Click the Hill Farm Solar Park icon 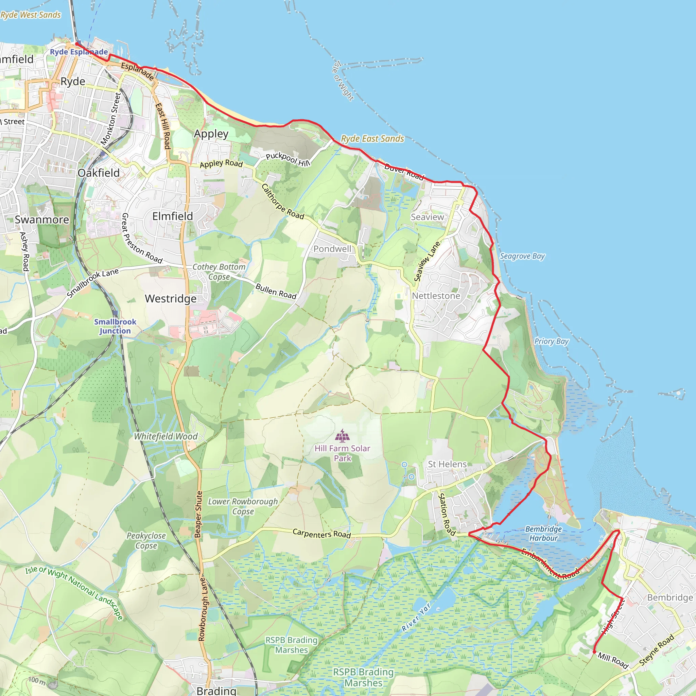(x=342, y=436)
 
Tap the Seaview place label (x=427, y=217)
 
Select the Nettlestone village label (x=436, y=296)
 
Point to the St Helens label (x=447, y=464)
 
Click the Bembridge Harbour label (x=543, y=533)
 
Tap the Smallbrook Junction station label (x=115, y=326)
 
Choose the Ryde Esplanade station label (x=79, y=52)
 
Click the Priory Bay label (x=551, y=341)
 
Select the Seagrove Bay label (x=522, y=256)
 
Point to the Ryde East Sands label (x=372, y=139)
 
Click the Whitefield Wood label (x=166, y=436)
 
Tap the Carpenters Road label (x=321, y=534)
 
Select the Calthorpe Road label (x=282, y=202)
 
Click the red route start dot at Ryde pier (x=77, y=44)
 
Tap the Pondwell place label (x=332, y=248)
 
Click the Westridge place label (x=171, y=299)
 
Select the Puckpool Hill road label (x=288, y=159)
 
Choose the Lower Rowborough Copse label (x=243, y=506)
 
